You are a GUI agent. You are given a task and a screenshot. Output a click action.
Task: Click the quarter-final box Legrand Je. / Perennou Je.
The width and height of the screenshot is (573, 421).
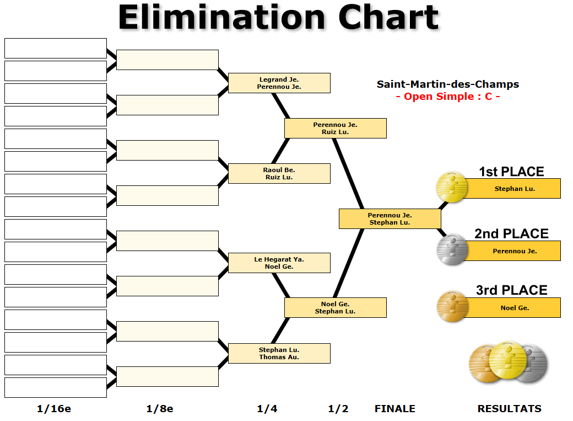point(279,83)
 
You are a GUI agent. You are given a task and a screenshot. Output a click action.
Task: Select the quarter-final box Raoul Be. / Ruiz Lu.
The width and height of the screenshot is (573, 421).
point(279,173)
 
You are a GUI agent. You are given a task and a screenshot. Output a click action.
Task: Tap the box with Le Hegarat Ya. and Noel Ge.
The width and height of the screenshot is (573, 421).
point(279,263)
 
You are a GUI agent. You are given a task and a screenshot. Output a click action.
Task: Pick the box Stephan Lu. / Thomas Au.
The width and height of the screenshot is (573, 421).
point(279,353)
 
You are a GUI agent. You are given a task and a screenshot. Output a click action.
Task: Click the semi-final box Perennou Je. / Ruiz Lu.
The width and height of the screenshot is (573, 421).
point(335,128)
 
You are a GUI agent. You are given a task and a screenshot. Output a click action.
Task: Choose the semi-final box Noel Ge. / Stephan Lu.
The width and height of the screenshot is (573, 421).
point(335,307)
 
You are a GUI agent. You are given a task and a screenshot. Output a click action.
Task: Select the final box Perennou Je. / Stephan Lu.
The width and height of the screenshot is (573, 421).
point(390,219)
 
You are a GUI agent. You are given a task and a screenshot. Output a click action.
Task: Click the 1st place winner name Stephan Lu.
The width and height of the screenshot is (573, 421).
point(515,189)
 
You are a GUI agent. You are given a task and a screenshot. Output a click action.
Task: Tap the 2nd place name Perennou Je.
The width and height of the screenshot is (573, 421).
point(515,251)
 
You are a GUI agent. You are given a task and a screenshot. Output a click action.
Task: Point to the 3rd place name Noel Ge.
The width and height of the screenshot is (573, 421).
point(515,308)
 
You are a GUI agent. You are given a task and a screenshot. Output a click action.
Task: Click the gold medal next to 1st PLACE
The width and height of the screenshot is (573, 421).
point(452,187)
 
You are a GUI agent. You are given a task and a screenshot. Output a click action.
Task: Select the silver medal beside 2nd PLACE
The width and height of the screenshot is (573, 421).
point(452,249)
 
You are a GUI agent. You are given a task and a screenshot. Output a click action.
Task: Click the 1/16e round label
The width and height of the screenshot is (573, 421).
point(54,409)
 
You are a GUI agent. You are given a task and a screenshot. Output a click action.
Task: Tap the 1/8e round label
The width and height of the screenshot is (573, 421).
point(160,409)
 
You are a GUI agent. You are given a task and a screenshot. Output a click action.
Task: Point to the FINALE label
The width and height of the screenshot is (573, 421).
point(394,409)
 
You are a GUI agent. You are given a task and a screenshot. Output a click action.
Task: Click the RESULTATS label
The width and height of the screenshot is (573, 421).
point(509,409)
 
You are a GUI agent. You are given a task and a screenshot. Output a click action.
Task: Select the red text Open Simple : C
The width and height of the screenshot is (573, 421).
point(447,97)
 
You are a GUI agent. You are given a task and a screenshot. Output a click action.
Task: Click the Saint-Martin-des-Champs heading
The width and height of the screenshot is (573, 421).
point(447,84)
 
